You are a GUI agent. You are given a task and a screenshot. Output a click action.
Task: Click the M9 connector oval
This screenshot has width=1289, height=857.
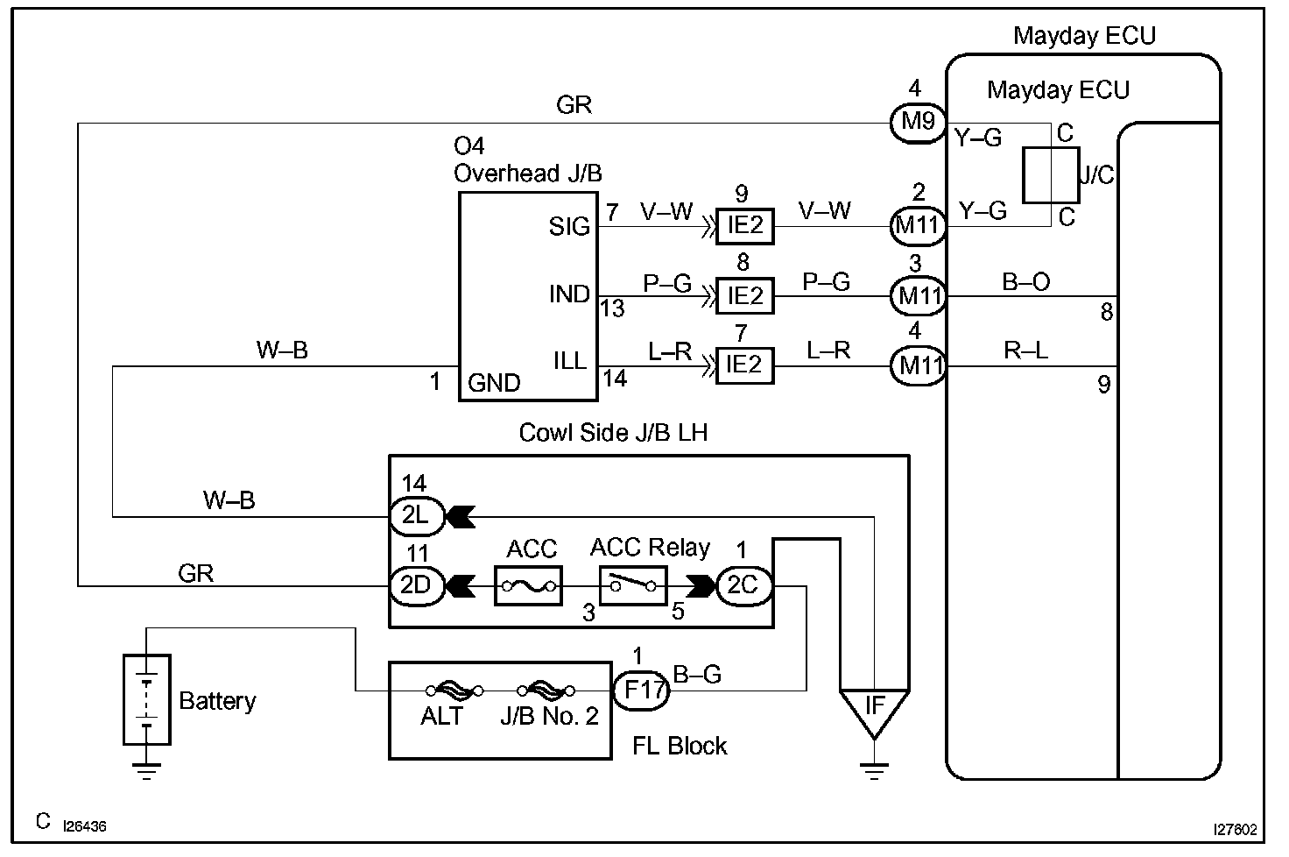coord(918,122)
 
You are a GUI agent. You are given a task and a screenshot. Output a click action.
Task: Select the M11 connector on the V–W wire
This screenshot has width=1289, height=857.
coord(918,225)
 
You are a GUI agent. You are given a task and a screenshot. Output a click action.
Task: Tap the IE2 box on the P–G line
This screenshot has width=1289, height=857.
coord(744,296)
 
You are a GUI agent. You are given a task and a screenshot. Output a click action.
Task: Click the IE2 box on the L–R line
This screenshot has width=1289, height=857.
coord(744,365)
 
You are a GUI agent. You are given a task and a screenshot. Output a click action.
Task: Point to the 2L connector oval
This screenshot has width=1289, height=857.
coord(416,516)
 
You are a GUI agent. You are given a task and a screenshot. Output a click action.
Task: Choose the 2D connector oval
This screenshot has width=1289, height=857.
coord(416,584)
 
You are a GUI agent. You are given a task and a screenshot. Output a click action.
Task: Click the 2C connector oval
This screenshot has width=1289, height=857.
coord(743,584)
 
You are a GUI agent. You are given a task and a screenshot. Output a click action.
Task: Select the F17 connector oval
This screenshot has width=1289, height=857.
coord(641,691)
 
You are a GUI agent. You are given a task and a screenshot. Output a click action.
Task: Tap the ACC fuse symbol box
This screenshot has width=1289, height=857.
coord(528,585)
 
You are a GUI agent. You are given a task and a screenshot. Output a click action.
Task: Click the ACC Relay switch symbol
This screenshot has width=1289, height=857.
coord(633,585)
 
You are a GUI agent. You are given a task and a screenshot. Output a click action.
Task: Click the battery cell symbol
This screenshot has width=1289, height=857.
coord(147,699)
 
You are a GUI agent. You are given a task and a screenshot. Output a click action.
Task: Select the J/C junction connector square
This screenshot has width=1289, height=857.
coord(1051,174)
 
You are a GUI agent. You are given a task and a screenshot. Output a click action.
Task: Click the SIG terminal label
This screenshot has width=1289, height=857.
coord(569,227)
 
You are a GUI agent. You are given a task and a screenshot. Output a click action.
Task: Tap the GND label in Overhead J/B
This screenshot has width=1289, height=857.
coord(494,383)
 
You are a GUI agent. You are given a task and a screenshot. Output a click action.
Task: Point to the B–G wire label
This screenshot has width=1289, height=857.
coord(697,675)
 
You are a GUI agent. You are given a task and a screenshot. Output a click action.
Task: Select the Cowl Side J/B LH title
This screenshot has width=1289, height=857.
coord(613,433)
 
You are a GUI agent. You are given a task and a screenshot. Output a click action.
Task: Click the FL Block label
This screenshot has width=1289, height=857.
coord(680,746)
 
